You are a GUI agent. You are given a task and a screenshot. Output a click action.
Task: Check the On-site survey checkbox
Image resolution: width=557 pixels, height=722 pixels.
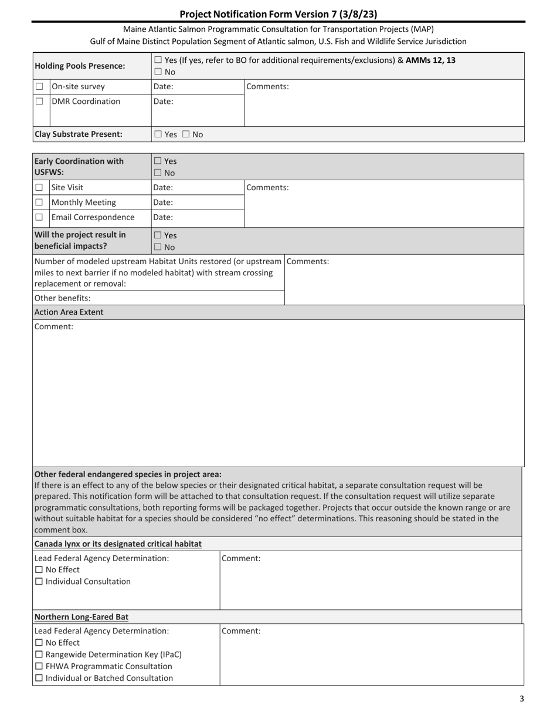tap(39, 87)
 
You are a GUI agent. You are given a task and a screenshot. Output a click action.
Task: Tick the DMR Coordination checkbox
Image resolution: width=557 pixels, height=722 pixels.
tap(39, 102)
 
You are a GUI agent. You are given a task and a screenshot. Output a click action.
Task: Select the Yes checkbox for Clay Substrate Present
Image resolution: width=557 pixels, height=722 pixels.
tap(158, 134)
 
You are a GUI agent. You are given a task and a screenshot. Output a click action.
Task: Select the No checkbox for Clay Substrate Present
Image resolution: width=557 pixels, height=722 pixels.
tap(185, 134)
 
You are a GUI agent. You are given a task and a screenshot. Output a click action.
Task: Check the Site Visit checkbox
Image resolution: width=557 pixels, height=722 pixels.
tap(39, 188)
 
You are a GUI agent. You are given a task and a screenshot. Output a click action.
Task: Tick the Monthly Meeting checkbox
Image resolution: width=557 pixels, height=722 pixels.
tap(39, 203)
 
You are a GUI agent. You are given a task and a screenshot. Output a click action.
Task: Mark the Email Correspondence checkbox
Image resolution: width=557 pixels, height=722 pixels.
tap(39, 217)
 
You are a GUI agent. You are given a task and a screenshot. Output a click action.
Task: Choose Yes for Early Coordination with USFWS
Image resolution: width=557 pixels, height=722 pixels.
tap(158, 161)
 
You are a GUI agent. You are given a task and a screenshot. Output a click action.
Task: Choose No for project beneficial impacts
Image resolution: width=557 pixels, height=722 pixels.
tap(158, 248)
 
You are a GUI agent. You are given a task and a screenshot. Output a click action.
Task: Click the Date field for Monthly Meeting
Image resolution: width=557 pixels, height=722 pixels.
tap(197, 203)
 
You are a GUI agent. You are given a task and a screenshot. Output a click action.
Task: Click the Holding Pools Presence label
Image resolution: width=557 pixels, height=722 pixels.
tap(80, 66)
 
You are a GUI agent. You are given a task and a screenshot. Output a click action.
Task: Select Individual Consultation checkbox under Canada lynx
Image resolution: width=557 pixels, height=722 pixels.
tap(39, 582)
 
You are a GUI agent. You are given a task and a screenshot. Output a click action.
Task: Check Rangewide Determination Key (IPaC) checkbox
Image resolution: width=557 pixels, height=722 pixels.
tap(39, 654)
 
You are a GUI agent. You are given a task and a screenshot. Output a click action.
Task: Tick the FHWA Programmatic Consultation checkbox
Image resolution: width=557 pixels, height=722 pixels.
tap(39, 666)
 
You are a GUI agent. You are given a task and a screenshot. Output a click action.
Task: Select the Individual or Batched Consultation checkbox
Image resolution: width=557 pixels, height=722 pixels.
tap(39, 678)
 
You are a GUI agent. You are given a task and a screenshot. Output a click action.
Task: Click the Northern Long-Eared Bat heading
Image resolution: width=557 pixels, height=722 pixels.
tap(81, 617)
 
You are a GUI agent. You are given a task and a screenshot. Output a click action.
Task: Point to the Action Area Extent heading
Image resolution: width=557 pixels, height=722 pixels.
tap(69, 312)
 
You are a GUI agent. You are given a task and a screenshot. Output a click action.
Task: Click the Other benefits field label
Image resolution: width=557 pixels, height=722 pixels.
tap(62, 298)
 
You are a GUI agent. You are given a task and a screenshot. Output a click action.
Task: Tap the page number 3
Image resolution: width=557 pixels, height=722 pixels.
tap(521, 699)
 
